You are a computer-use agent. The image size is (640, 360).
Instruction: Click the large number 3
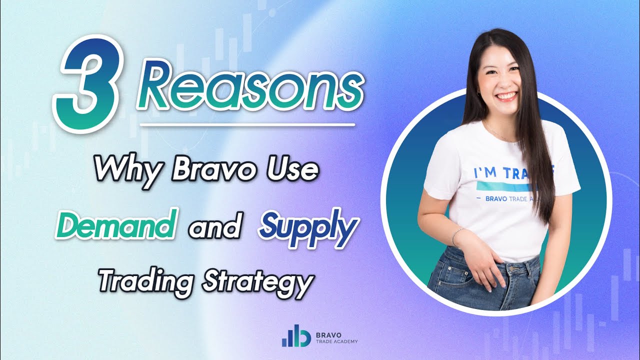(90, 85)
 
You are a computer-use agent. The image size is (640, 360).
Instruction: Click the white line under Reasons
(247, 123)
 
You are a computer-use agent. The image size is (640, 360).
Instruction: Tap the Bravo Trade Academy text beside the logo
(336, 336)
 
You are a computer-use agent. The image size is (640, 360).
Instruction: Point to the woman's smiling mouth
(507, 95)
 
